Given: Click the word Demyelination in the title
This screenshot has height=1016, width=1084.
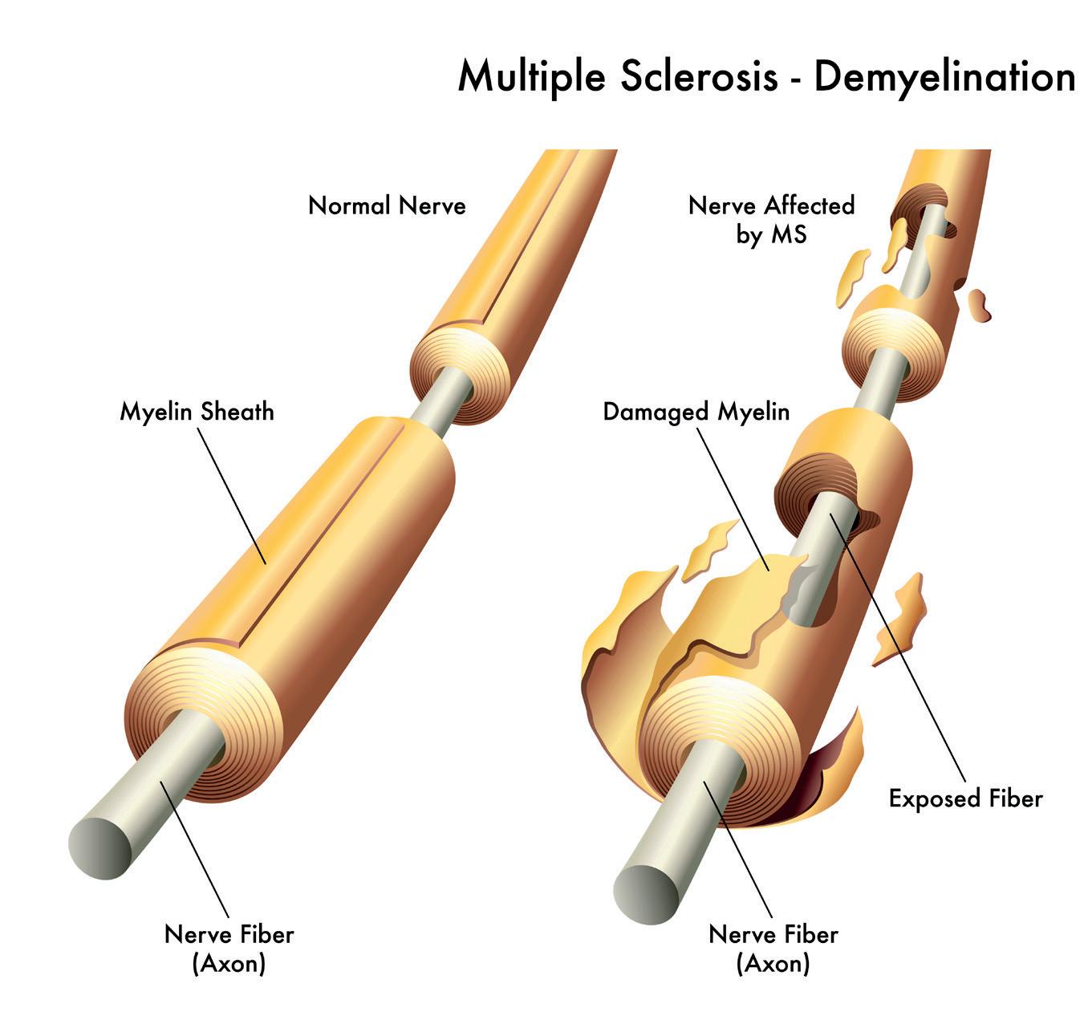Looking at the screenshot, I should pos(944,78).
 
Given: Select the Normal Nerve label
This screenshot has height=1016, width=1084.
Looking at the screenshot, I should pos(387,205).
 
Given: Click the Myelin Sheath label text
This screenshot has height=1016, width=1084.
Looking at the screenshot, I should pos(197,412).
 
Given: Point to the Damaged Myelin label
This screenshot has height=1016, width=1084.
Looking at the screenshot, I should pos(696,412).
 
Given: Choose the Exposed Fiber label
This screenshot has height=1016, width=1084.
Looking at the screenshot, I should pos(965,799).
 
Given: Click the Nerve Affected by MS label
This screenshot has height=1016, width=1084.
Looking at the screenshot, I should pos(771,219).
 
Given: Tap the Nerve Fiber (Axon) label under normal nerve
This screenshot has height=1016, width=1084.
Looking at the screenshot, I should pos(229,948).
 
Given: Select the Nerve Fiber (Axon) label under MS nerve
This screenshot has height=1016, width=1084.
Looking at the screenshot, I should pos(773,948).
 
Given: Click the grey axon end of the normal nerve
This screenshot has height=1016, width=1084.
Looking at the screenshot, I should pos(100,847).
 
